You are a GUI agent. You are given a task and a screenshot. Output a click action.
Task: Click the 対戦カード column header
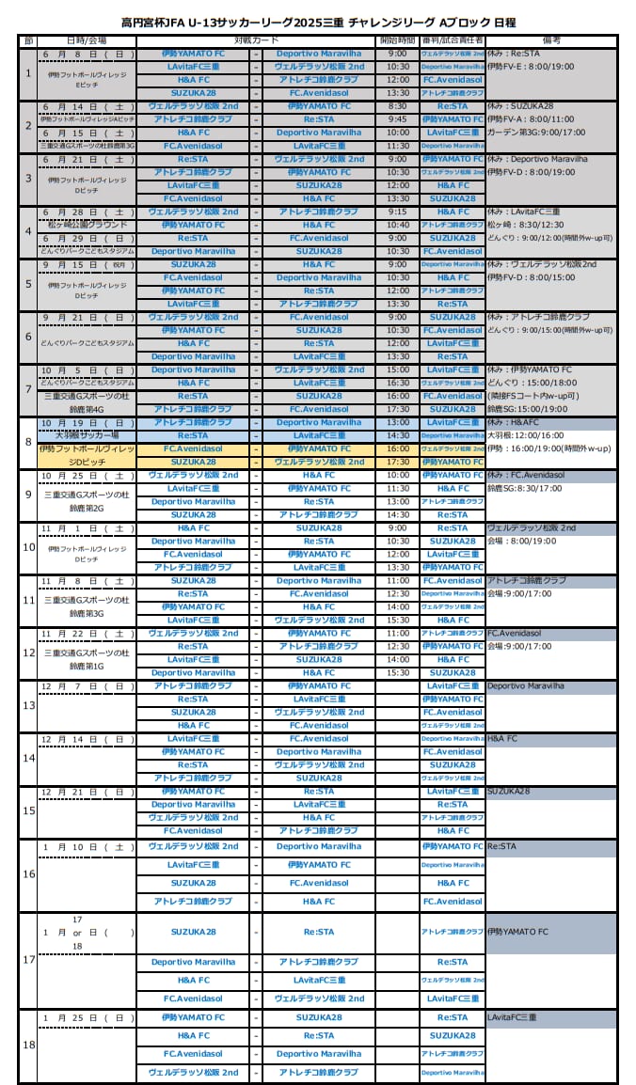coord(256,41)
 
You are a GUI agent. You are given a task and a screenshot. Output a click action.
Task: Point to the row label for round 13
coord(28,705)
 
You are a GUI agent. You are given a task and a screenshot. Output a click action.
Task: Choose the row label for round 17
coord(28,960)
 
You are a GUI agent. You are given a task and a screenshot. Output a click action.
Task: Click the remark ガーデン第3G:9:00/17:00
coord(535,133)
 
